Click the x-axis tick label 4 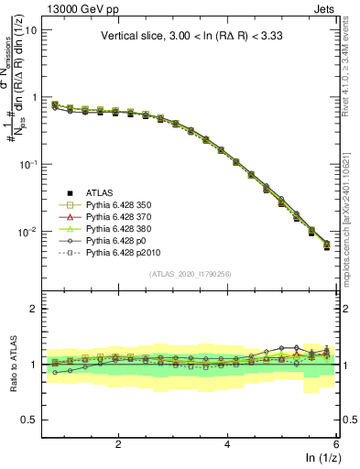227,444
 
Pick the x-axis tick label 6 336,444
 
